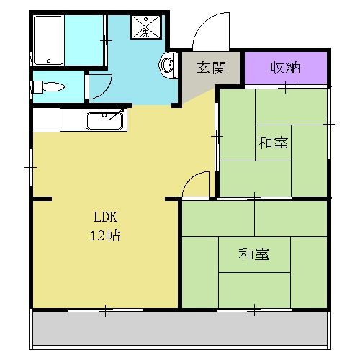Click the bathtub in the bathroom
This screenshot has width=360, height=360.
point(49,39)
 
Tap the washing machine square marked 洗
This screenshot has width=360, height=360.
point(146,27)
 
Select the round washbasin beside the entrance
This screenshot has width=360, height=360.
point(167,66)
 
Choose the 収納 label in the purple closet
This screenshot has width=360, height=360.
point(285,68)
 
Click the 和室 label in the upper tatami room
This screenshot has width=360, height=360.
point(274,143)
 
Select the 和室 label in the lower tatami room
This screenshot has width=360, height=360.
point(254,253)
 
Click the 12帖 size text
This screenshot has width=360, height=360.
point(104,235)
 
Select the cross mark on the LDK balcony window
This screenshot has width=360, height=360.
point(106,311)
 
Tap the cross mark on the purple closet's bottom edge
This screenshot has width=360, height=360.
point(286,88)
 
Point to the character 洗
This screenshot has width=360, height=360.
point(146,32)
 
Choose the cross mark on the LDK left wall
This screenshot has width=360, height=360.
point(30,167)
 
